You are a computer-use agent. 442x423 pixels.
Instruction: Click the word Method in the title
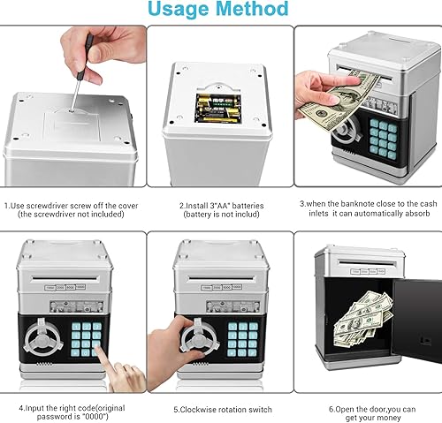tap(252, 10)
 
